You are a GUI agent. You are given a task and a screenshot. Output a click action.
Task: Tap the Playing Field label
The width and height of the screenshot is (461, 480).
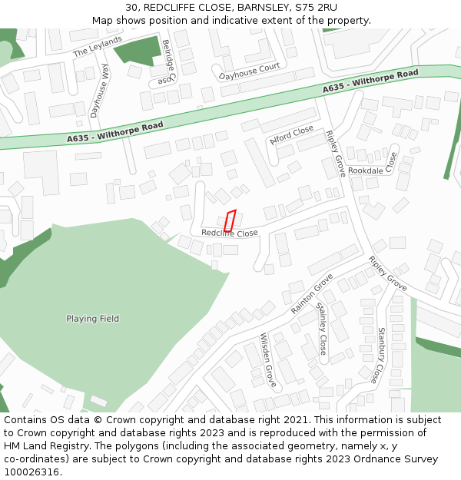[x=92, y=319]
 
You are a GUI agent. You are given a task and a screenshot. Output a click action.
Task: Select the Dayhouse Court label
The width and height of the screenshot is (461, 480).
[x=250, y=72]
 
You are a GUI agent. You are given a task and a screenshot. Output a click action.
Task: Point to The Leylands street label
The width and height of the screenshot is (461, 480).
[x=98, y=46]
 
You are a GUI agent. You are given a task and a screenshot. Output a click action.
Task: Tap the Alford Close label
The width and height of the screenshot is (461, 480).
[x=292, y=136]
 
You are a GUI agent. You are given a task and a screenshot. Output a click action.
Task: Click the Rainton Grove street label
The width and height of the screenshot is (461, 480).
[x=312, y=293]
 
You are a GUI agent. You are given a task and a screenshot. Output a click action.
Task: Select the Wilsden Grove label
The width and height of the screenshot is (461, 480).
[x=267, y=359]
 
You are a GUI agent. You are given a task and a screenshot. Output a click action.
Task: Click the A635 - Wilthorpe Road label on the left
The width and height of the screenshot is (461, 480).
[x=115, y=132]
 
